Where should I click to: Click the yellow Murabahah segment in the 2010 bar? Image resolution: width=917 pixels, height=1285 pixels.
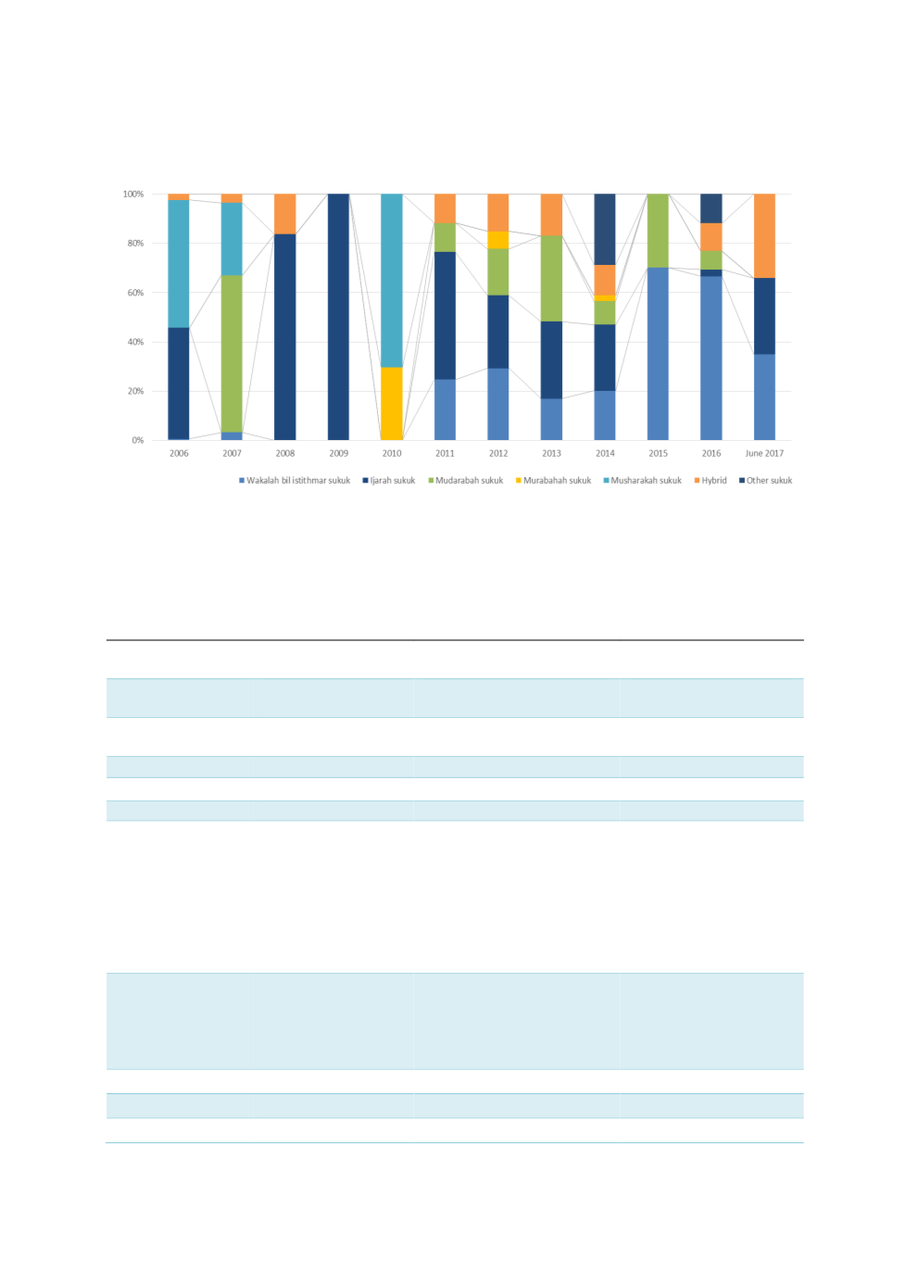click(392, 403)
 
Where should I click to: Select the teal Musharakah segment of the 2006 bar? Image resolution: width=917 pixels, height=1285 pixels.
click(179, 263)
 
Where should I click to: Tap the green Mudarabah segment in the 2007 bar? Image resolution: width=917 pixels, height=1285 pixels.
click(232, 353)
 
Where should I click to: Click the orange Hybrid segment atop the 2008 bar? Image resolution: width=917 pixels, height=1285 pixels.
click(285, 213)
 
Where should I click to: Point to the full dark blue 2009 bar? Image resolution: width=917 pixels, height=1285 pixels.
click(338, 317)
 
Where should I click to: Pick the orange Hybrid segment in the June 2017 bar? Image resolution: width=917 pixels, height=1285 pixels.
click(764, 235)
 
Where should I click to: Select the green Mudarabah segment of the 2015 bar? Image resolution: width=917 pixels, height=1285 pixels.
click(658, 231)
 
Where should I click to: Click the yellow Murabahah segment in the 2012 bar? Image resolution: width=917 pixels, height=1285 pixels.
click(498, 240)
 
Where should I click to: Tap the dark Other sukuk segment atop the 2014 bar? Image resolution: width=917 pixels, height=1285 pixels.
click(605, 229)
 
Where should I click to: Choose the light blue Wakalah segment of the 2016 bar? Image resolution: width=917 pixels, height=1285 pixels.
click(711, 358)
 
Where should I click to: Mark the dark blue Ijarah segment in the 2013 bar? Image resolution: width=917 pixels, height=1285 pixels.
click(551, 359)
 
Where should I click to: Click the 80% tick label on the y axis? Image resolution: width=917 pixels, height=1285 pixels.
click(135, 244)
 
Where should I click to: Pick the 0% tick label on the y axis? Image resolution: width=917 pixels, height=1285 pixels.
click(138, 441)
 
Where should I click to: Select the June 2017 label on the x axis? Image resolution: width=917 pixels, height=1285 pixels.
click(764, 454)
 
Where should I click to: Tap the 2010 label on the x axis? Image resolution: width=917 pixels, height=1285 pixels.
click(392, 454)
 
